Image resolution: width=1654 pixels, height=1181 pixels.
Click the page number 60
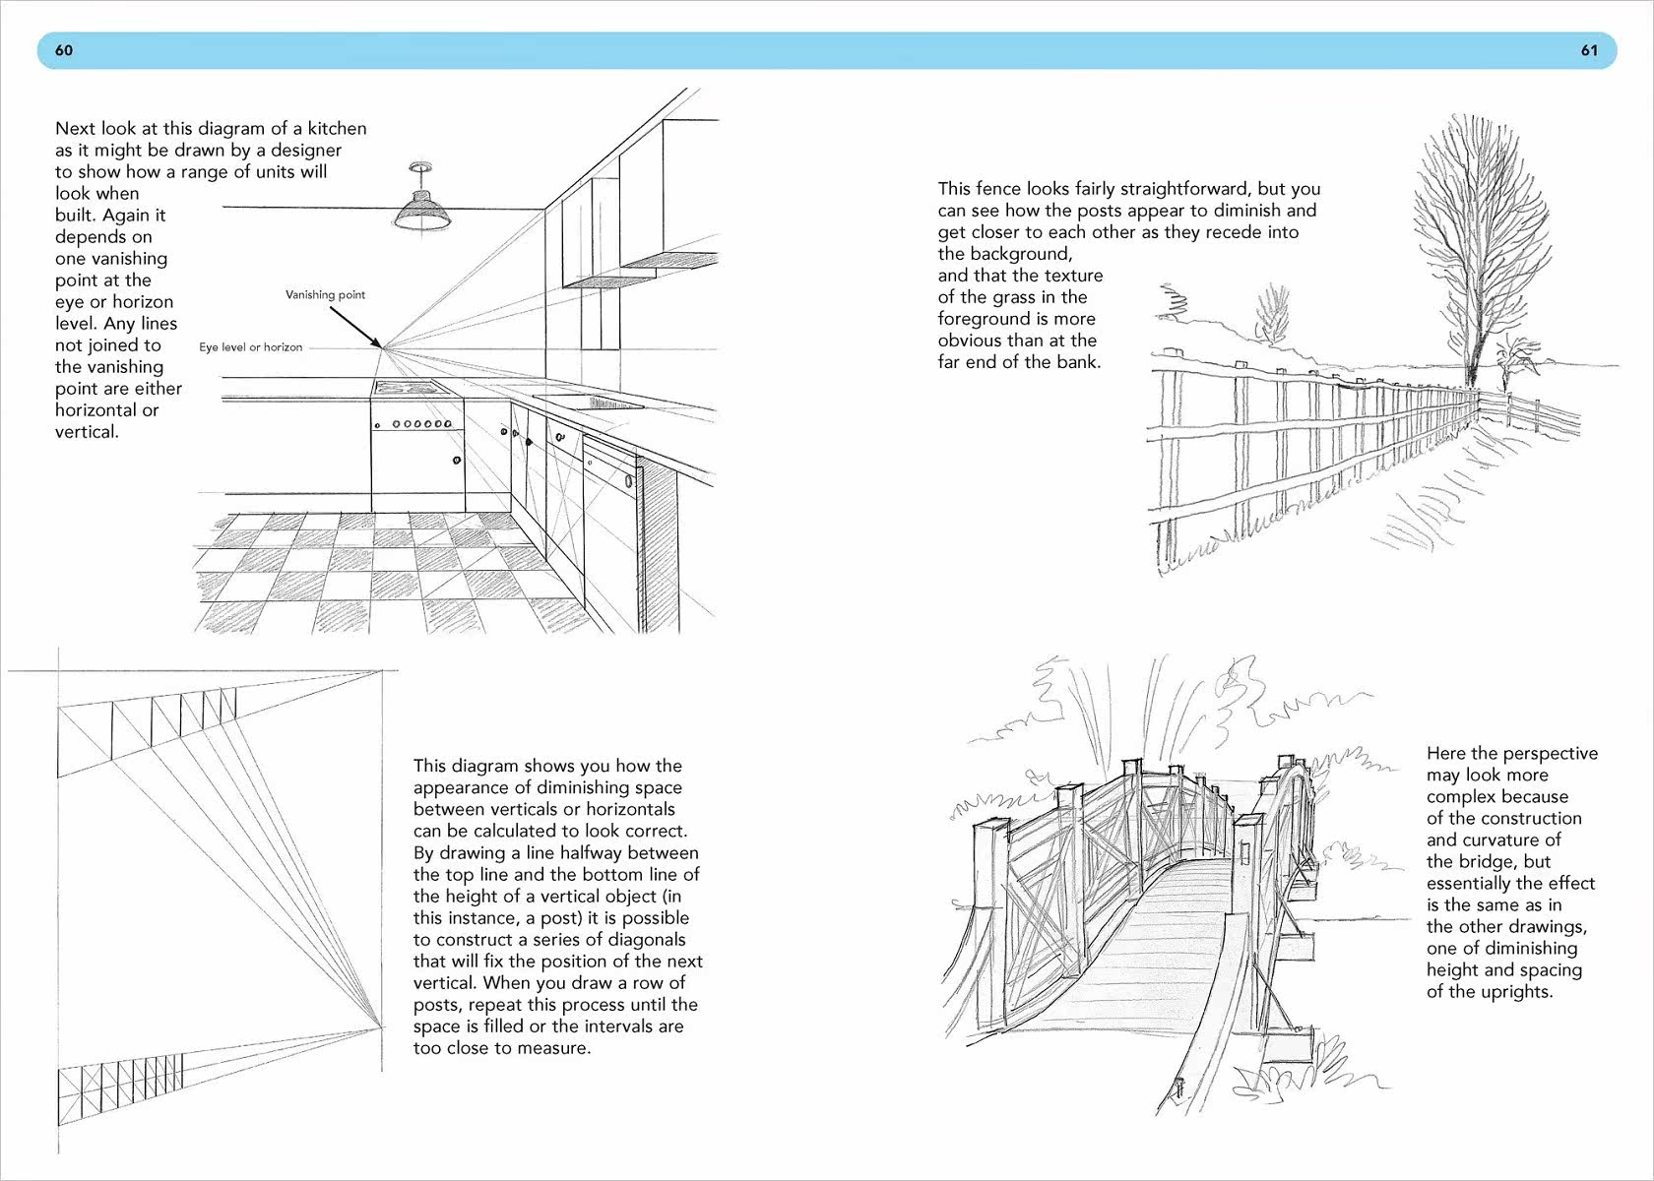64,50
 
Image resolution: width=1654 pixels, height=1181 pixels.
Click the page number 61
1589,50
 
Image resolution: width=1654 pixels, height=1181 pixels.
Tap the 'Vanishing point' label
325,294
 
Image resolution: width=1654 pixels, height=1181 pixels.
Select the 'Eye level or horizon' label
250,346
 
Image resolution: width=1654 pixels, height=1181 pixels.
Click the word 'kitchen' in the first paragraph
337,128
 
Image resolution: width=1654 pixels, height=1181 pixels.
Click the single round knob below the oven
457,460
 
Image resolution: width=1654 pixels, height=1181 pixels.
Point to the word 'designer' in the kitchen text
306,151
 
